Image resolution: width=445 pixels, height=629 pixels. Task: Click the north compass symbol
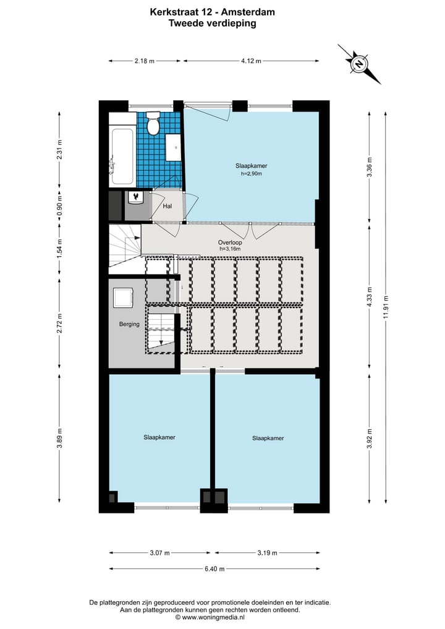[358, 64]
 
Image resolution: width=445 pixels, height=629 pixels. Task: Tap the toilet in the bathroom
[153, 123]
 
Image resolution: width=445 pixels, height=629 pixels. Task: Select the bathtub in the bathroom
[122, 156]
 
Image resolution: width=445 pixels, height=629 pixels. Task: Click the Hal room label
[167, 207]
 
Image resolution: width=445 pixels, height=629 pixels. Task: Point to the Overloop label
[229, 242]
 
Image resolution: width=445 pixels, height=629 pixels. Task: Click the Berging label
[129, 324]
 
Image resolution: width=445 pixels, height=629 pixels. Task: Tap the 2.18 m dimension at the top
[145, 61]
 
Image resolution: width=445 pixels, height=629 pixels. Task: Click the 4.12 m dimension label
[251, 61]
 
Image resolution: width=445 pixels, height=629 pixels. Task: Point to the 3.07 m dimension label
[159, 553]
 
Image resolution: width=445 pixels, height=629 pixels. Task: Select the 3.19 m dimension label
[266, 553]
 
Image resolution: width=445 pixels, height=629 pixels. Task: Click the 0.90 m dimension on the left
[59, 205]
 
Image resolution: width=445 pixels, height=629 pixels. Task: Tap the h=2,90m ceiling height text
[252, 174]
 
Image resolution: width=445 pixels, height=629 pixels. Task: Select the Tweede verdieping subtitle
[212, 24]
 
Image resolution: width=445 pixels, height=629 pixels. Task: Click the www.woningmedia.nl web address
[213, 617]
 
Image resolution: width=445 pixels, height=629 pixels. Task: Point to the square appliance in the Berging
[124, 297]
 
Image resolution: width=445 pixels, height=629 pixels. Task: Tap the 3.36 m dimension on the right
[369, 167]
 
